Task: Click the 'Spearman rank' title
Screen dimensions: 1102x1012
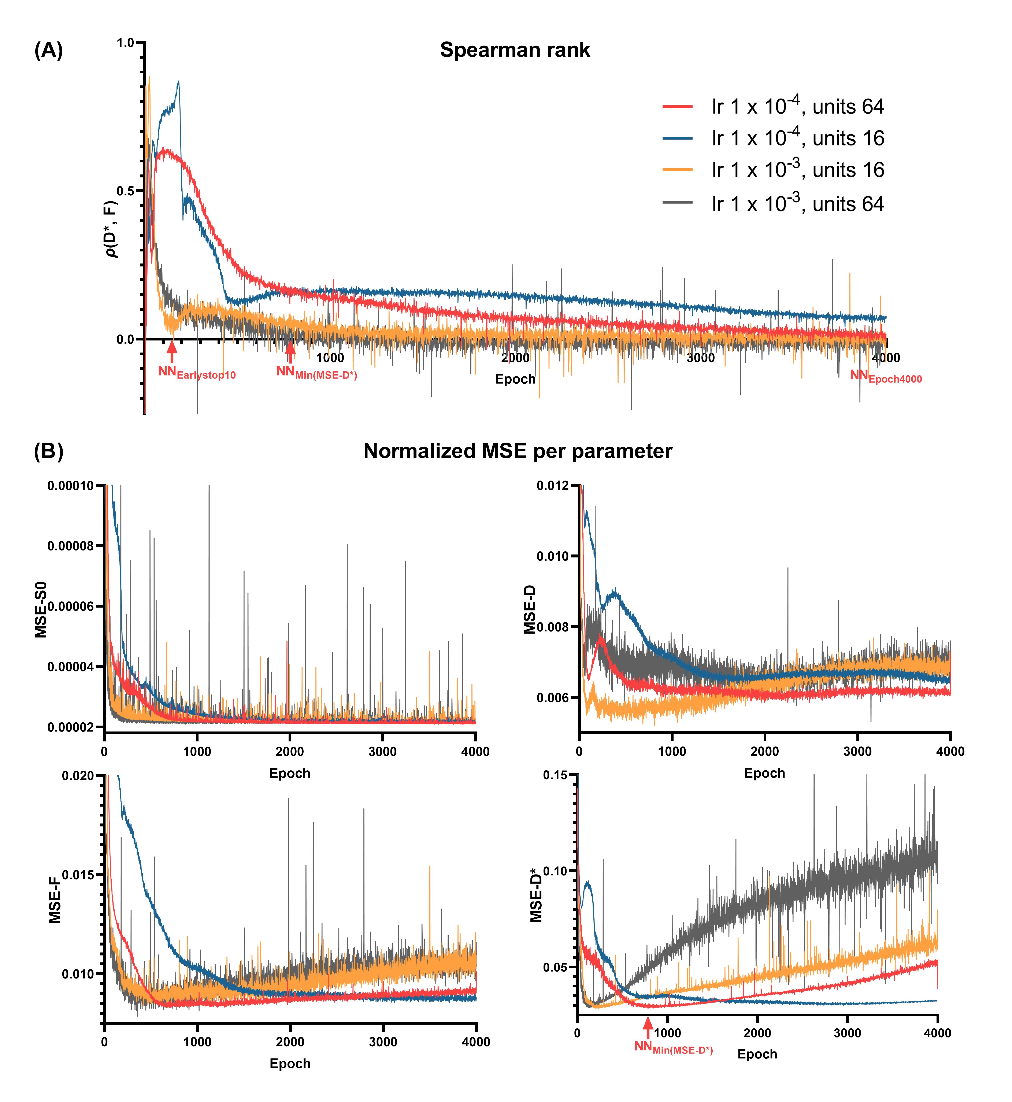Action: tap(515, 50)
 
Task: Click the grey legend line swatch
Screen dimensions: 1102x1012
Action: tap(677, 203)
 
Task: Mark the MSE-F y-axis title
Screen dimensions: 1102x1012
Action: tap(55, 899)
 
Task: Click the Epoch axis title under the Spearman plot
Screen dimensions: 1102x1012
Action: tap(515, 379)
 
